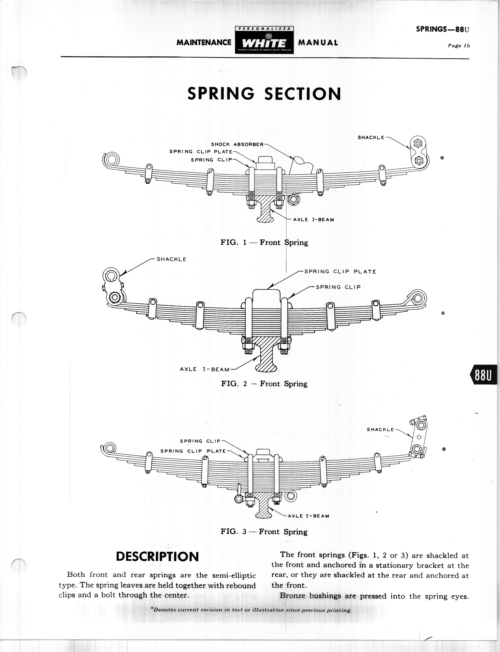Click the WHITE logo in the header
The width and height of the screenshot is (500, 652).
[264, 43]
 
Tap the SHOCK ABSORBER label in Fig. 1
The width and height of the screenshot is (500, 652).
[237, 145]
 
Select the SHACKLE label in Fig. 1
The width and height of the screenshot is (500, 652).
[371, 137]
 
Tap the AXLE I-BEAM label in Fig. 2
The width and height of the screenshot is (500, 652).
[205, 369]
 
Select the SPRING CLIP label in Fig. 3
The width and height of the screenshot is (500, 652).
[200, 441]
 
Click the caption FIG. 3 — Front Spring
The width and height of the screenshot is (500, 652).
[264, 532]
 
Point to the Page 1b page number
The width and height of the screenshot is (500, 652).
[459, 46]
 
